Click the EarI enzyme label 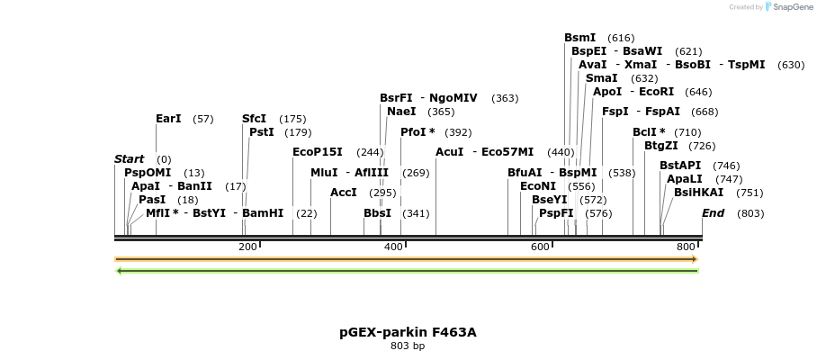[168, 119]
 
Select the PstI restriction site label [262, 132]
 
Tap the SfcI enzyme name [254, 119]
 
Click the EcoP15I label [318, 152]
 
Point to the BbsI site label [377, 213]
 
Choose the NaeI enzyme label [401, 112]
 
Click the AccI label [344, 193]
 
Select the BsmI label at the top [579, 38]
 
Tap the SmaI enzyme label [601, 78]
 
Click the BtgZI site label [660, 146]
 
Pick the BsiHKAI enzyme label [698, 193]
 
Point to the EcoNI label [538, 186]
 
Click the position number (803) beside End [750, 213]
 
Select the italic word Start [129, 159]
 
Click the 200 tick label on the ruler [247, 247]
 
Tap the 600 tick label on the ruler [540, 247]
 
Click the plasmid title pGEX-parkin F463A [408, 332]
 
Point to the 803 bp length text [408, 346]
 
